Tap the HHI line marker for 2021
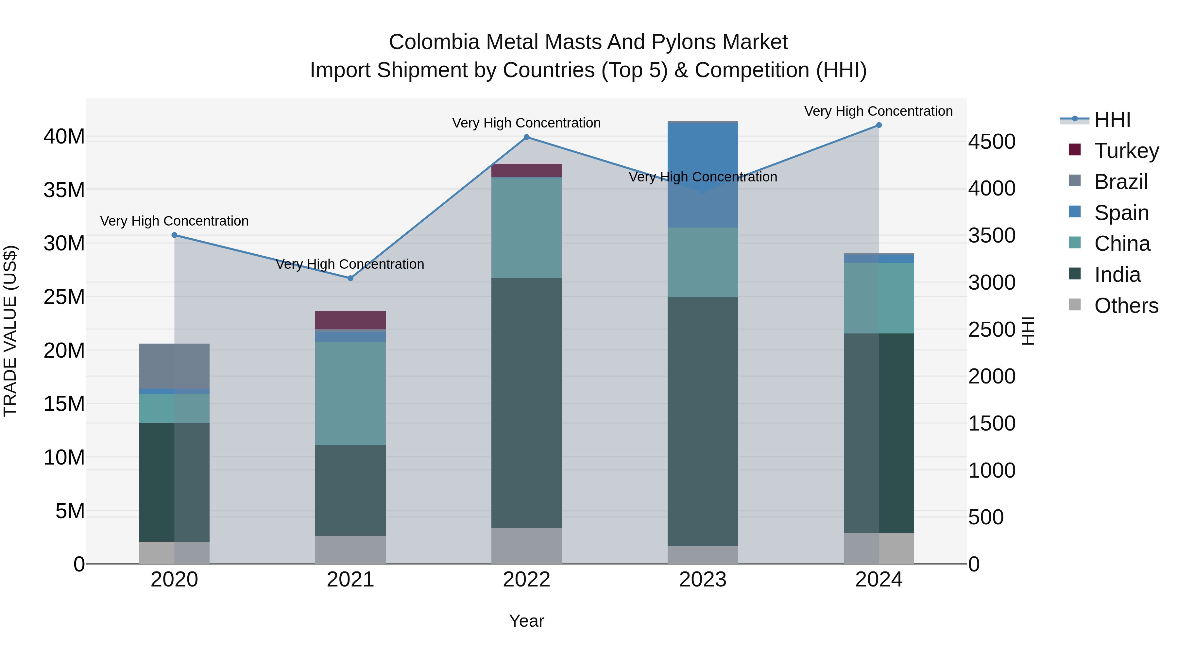[350, 278]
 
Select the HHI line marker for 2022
[526, 137]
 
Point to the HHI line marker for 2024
[878, 125]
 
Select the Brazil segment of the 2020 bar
[174, 366]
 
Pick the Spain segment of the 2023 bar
[703, 175]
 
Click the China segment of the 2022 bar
[526, 228]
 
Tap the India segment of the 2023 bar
[703, 421]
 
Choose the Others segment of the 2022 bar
[526, 546]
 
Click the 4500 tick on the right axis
[992, 142]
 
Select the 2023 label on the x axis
[703, 580]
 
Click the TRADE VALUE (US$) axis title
[10, 331]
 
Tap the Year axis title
[526, 621]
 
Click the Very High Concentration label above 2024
[878, 111]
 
